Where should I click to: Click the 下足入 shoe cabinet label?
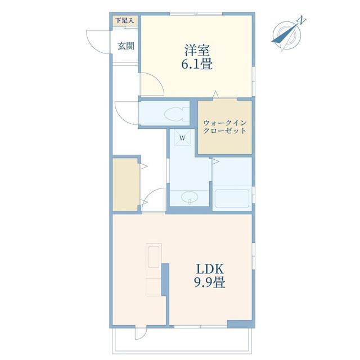tap(124, 21)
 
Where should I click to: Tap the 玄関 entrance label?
tap(126, 46)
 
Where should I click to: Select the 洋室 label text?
tap(197, 51)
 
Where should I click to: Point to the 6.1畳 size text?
tap(197, 64)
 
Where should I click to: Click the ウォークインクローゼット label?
tap(225, 127)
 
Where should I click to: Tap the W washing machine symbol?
tap(182, 137)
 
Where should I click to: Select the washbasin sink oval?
tap(190, 197)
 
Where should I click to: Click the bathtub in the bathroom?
tap(232, 199)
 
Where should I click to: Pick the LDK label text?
tap(210, 269)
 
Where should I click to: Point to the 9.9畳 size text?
tap(210, 282)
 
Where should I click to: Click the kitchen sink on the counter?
tap(154, 257)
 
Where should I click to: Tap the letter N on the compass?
tap(302, 20)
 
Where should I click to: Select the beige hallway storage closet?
tap(126, 184)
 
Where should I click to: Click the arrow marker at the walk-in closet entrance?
tap(215, 94)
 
